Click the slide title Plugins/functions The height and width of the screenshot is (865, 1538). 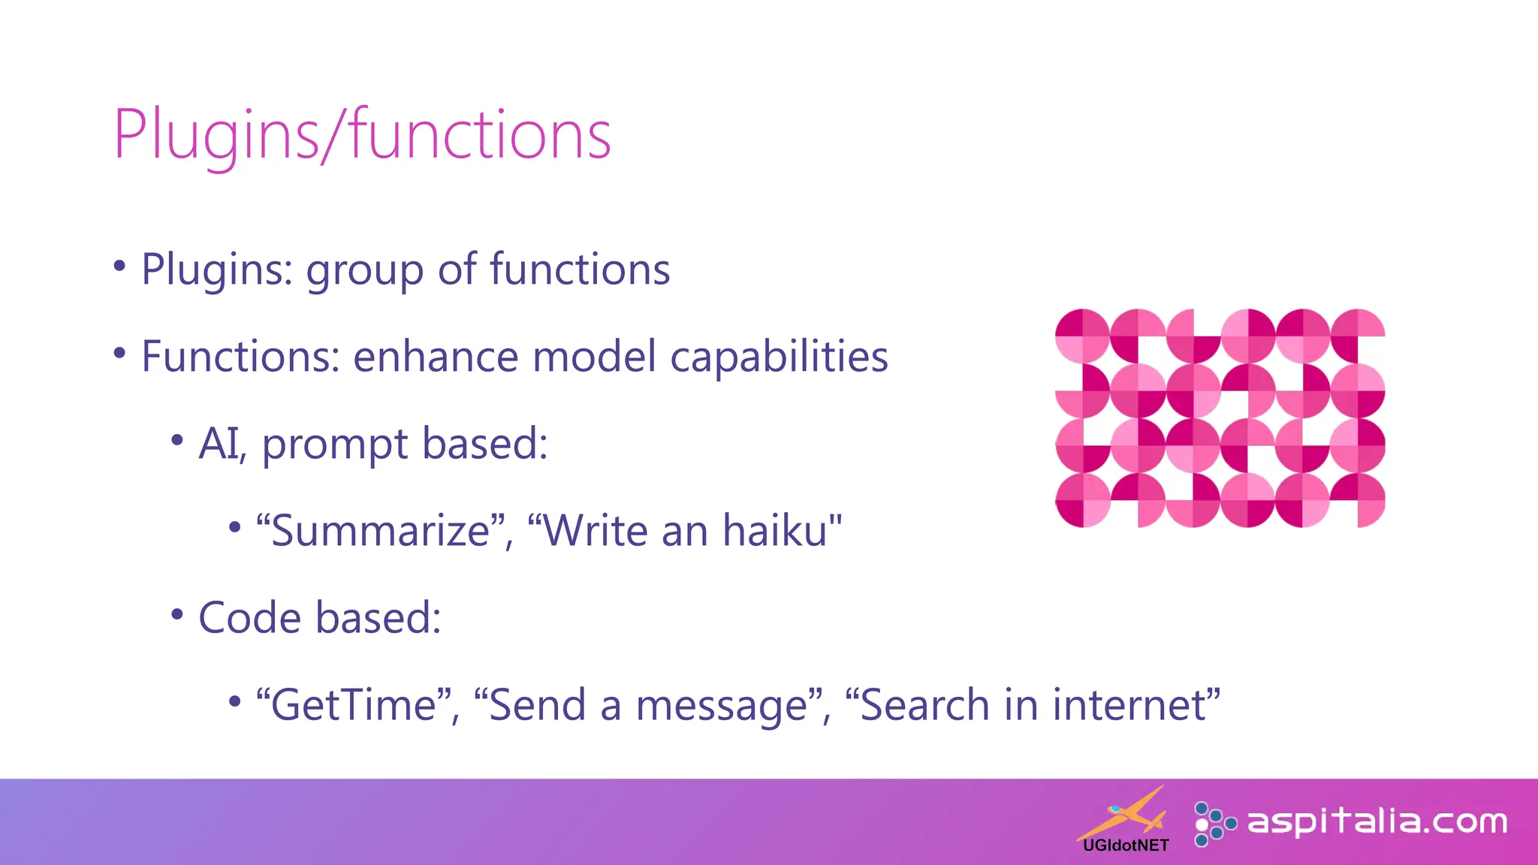(362, 135)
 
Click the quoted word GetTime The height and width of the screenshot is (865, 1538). (354, 705)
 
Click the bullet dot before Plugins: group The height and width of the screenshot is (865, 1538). (119, 266)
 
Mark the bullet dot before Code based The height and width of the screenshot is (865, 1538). (177, 614)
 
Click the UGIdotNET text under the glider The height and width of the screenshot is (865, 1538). (1126, 845)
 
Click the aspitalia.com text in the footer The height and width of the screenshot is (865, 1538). (1377, 822)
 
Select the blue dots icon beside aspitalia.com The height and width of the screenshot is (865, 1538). (1212, 824)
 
